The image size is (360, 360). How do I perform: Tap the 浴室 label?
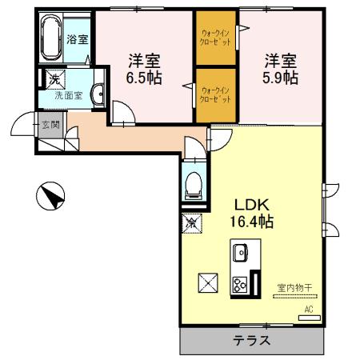pos(77,39)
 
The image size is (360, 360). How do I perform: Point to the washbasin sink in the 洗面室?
pos(98,94)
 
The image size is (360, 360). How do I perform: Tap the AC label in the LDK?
pos(308,309)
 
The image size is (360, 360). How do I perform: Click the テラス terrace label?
pos(251,339)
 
